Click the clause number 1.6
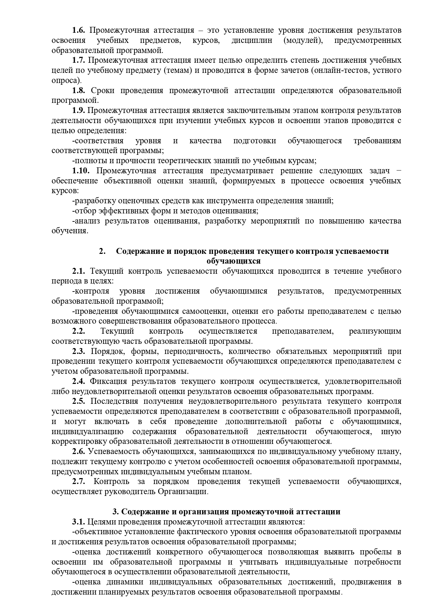(78, 30)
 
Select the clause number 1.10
(81, 171)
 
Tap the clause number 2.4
(78, 381)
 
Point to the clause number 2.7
(78, 482)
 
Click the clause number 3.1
(78, 522)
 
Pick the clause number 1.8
(78, 91)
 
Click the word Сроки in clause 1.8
(103, 91)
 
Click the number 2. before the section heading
(102, 251)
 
